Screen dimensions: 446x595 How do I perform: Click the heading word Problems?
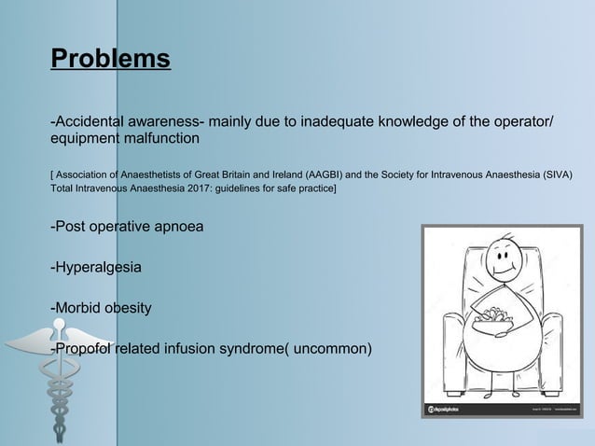pos(110,59)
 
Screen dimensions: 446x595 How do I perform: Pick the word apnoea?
pos(171,227)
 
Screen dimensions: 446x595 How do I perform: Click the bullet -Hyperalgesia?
pos(96,268)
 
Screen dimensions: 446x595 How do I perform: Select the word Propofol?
pos(87,349)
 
